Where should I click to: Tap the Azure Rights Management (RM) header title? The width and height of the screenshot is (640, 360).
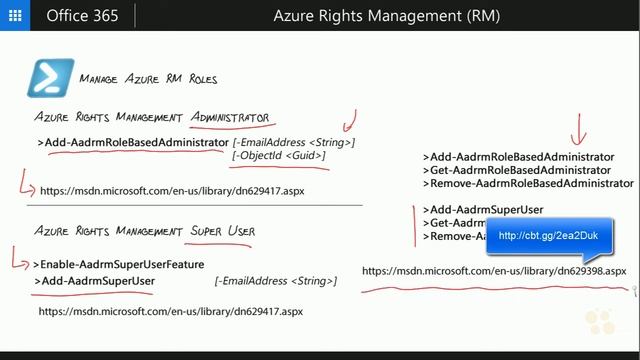pyautogui.click(x=386, y=15)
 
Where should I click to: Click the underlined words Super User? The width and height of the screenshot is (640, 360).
pyautogui.click(x=223, y=231)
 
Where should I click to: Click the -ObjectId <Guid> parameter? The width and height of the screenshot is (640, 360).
pyautogui.click(x=279, y=156)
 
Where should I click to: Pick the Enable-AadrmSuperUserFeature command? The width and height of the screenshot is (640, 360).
pyautogui.click(x=118, y=264)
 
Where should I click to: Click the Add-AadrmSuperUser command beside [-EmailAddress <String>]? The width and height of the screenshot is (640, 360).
pyautogui.click(x=98, y=281)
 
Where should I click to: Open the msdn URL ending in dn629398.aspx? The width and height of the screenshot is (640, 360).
pyautogui.click(x=494, y=270)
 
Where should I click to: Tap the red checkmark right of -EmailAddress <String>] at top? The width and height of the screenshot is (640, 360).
pyautogui.click(x=348, y=124)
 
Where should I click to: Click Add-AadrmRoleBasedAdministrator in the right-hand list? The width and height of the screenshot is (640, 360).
pyautogui.click(x=518, y=157)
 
